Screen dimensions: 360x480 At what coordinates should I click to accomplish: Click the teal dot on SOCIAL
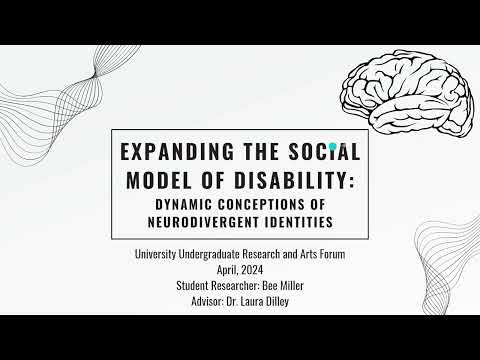(x=333, y=146)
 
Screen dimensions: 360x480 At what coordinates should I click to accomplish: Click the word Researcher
(x=234, y=285)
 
